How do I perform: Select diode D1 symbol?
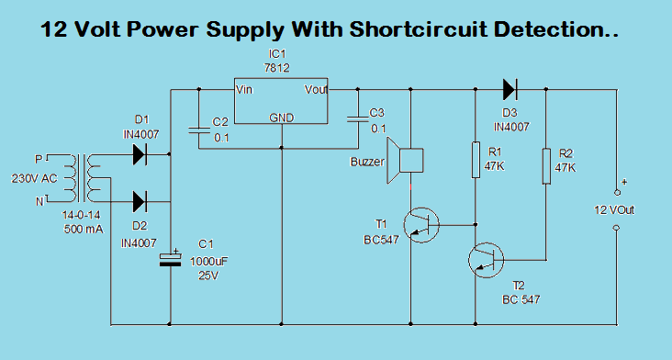tap(140, 154)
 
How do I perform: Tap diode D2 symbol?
tap(140, 200)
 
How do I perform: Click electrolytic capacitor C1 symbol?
tap(171, 259)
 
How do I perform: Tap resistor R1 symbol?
tap(476, 159)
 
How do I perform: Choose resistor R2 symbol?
tap(546, 165)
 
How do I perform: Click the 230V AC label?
tap(34, 177)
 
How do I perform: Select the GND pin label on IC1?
tap(282, 118)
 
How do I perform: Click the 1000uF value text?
tap(208, 261)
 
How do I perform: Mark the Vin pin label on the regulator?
tap(245, 90)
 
